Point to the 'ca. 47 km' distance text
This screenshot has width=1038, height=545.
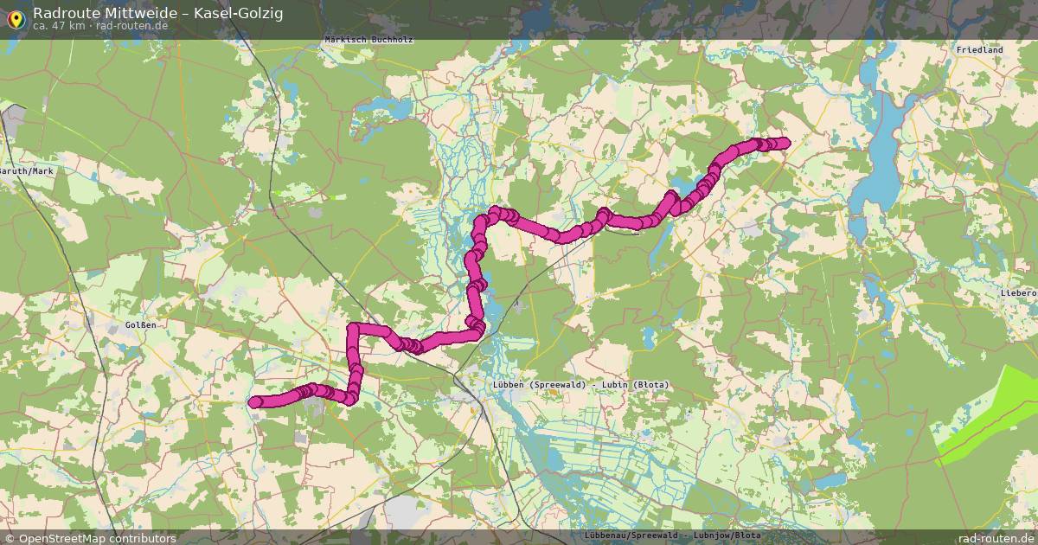pos(58,26)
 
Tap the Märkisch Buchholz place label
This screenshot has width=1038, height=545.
pos(368,40)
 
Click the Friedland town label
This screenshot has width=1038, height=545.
pos(979,50)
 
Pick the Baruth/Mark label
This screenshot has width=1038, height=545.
pos(26,171)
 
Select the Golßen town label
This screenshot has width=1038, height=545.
pos(140,325)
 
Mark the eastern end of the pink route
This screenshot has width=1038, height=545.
pos(785,143)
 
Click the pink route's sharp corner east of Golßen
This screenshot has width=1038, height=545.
pos(354,330)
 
